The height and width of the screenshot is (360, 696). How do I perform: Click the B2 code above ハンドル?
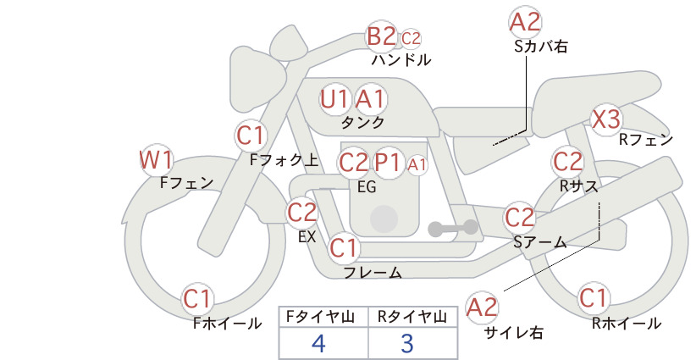[x=381, y=36]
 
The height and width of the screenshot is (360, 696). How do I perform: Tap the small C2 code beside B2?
[x=411, y=39]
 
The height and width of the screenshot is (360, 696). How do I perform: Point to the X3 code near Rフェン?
[x=606, y=119]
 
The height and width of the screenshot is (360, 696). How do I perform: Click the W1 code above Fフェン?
[x=156, y=160]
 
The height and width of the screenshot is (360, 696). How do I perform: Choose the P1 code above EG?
[x=388, y=163]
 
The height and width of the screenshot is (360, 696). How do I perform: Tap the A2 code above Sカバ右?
[x=525, y=22]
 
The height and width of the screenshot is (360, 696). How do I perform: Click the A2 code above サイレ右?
[x=482, y=307]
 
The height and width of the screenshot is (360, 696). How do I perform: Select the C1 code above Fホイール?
[x=197, y=299]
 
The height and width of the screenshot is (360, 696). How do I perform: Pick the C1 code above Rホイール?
[x=593, y=298]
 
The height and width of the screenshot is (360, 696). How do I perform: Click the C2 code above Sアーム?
[x=519, y=218]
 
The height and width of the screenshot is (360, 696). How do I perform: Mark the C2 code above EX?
[x=301, y=212]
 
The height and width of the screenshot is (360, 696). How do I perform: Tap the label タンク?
[x=362, y=122]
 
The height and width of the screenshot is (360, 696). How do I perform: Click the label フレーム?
[x=373, y=272]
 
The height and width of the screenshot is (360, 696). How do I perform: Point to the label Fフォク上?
[x=284, y=160]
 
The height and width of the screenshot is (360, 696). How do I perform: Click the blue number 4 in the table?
[x=318, y=343]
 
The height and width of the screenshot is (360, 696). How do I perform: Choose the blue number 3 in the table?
[x=407, y=343]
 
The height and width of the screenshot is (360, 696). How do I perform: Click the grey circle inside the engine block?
[x=384, y=219]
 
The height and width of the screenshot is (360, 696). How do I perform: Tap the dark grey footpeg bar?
[x=453, y=228]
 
